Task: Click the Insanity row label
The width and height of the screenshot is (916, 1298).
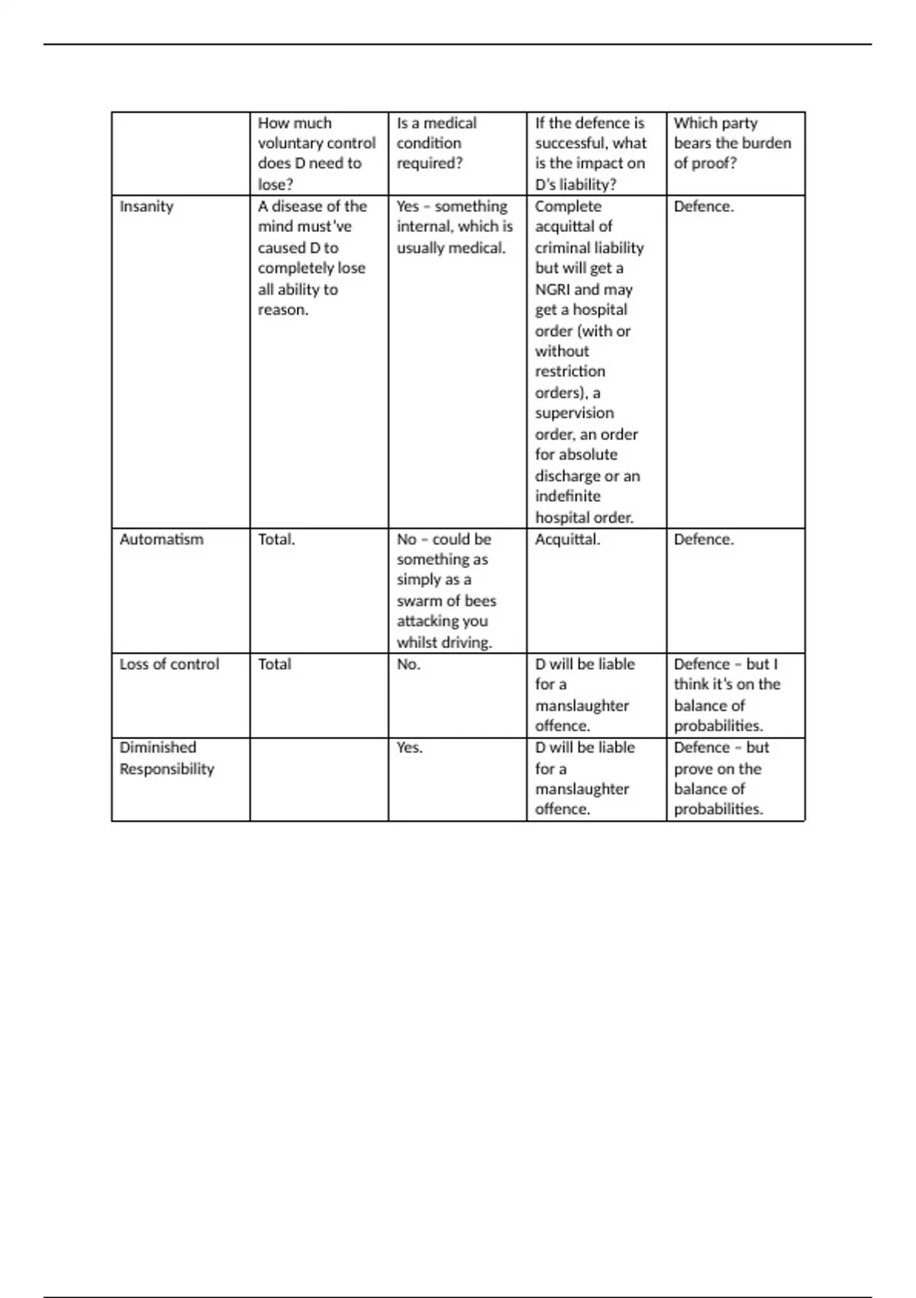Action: [147, 206]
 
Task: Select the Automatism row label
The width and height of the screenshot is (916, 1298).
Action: [161, 539]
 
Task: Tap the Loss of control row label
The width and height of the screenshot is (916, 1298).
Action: [169, 664]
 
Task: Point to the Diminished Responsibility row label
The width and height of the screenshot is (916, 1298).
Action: [166, 758]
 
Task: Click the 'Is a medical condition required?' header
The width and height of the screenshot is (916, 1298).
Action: [437, 143]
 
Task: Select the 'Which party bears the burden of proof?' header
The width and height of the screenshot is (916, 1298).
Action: [732, 143]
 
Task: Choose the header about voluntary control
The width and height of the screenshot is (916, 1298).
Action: [316, 153]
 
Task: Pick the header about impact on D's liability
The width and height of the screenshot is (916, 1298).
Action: [590, 153]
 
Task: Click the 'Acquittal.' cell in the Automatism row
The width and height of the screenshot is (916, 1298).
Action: [567, 539]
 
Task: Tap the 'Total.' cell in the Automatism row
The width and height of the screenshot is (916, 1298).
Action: [276, 539]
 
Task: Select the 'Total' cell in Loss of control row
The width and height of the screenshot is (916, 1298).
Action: [275, 664]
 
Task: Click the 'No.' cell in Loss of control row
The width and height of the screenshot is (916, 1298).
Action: [408, 664]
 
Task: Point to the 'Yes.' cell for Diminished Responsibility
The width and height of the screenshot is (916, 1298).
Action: [409, 747]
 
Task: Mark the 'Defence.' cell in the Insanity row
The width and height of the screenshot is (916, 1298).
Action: [703, 206]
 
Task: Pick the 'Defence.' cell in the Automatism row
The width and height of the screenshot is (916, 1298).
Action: [703, 539]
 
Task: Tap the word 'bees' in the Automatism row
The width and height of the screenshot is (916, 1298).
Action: [480, 601]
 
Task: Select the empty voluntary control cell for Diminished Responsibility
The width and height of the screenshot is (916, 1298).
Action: [319, 779]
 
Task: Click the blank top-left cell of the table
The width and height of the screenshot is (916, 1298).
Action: [181, 153]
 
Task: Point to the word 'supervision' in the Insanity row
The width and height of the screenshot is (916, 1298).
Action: [574, 413]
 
